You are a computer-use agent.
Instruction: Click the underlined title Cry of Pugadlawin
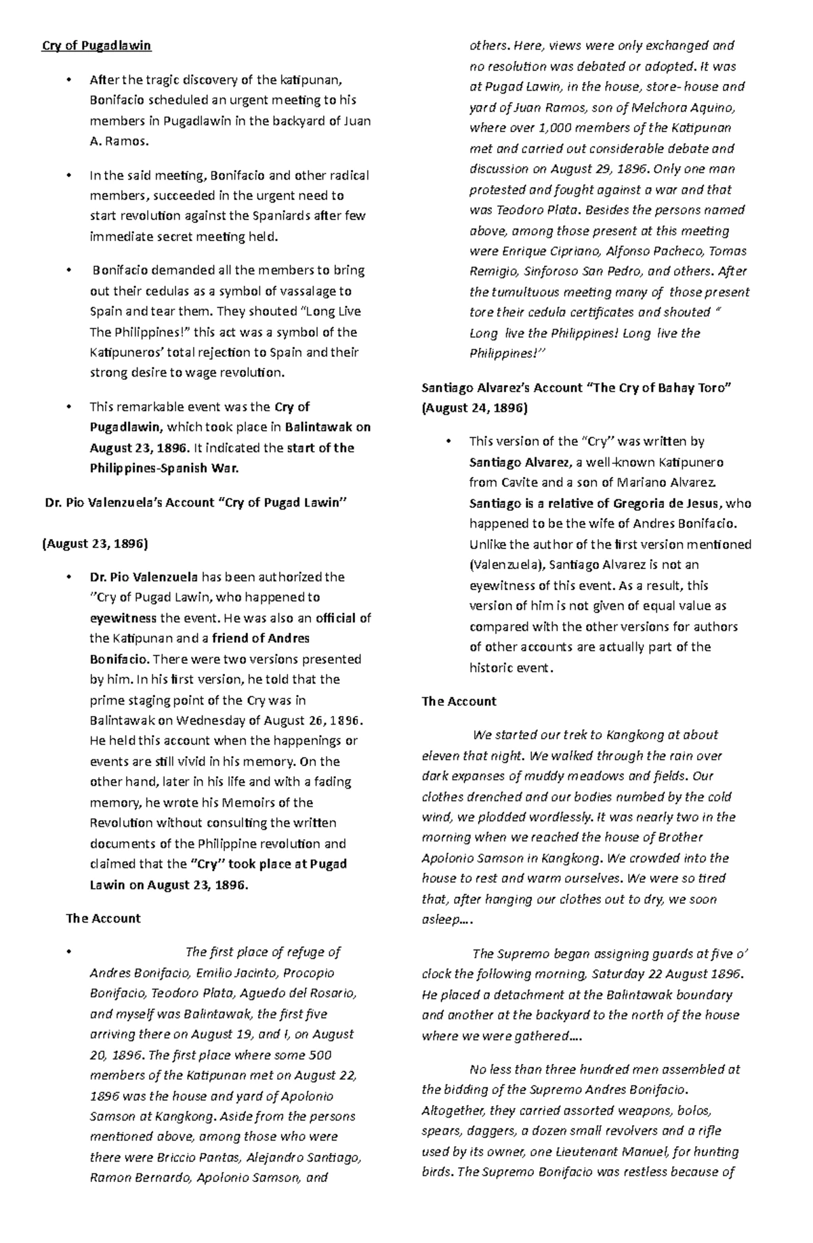click(x=96, y=46)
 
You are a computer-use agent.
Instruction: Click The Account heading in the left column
click(x=103, y=919)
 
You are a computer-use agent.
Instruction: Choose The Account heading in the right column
click(x=459, y=701)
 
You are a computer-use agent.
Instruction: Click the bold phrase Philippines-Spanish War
click(x=165, y=468)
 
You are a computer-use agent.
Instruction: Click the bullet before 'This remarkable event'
click(x=69, y=407)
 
